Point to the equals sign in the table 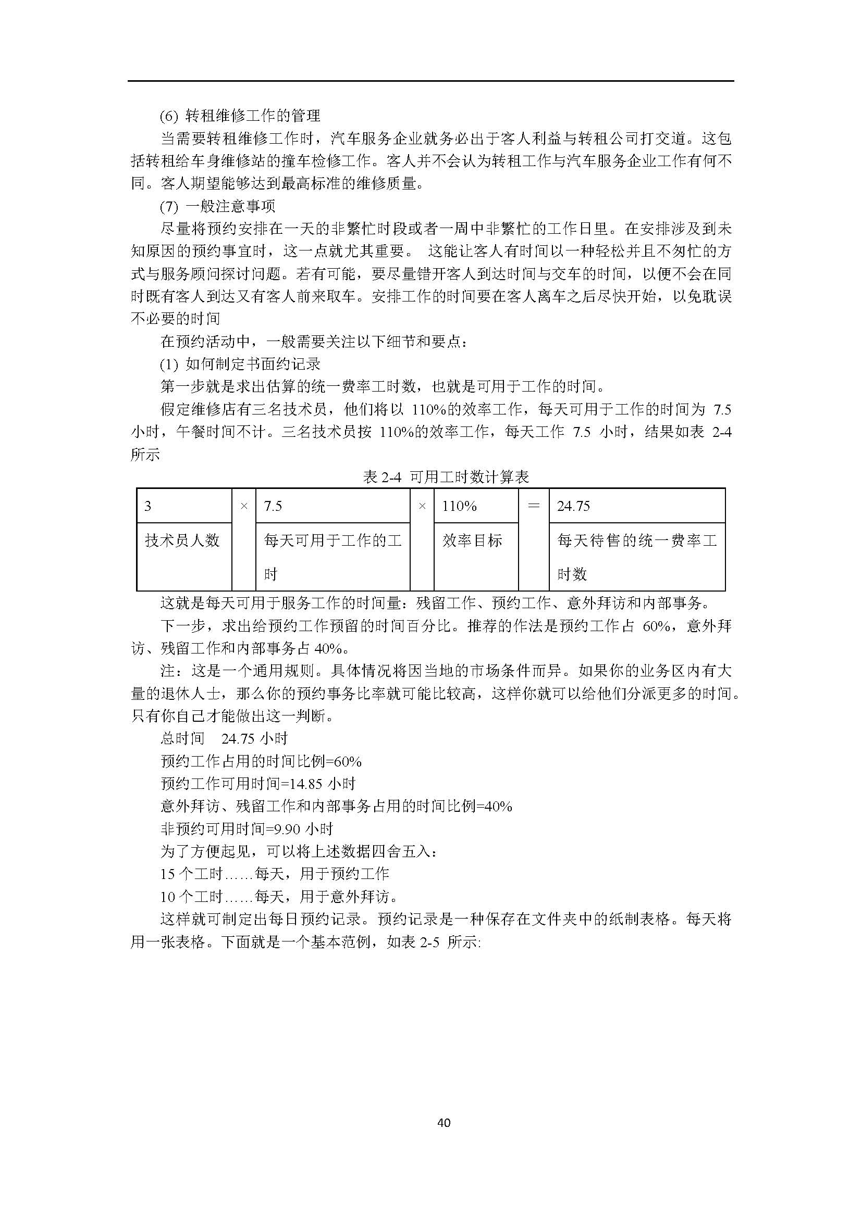tap(534, 506)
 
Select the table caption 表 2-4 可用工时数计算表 tap(446, 477)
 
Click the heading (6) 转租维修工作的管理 tap(240, 115)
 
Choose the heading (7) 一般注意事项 tap(218, 206)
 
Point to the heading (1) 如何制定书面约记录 tap(240, 364)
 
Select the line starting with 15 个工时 tap(275, 874)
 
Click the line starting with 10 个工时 tap(279, 897)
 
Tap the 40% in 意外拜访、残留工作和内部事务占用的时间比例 tap(498, 807)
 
